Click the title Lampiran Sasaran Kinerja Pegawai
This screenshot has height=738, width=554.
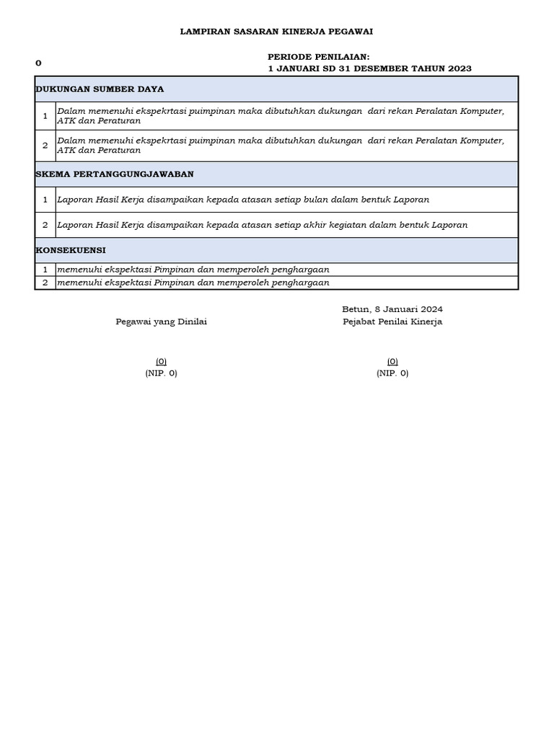tap(276, 32)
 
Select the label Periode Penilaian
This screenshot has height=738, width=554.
tap(318, 56)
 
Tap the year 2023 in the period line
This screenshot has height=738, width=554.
tap(459, 68)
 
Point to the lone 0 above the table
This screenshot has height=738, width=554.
tap(38, 63)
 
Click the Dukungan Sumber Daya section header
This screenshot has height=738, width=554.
tap(100, 89)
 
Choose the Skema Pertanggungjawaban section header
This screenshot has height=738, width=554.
tap(115, 174)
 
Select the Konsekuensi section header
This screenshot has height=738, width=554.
tap(71, 250)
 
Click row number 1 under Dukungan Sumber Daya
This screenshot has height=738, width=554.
tap(45, 116)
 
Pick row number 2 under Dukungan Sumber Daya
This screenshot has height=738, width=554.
tap(45, 146)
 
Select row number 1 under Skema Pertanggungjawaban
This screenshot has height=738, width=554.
tap(45, 200)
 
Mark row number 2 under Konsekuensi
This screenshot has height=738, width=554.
tap(45, 283)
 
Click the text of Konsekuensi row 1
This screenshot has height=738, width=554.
tap(193, 270)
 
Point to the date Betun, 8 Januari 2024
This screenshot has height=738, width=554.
tap(392, 309)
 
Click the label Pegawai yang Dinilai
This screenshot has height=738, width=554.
tap(162, 322)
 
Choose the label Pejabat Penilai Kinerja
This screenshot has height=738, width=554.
tap(392, 322)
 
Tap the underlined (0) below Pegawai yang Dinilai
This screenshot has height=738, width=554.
tap(162, 361)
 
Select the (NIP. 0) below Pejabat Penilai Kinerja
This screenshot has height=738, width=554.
tap(392, 373)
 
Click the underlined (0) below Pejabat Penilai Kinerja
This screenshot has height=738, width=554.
tap(392, 361)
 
